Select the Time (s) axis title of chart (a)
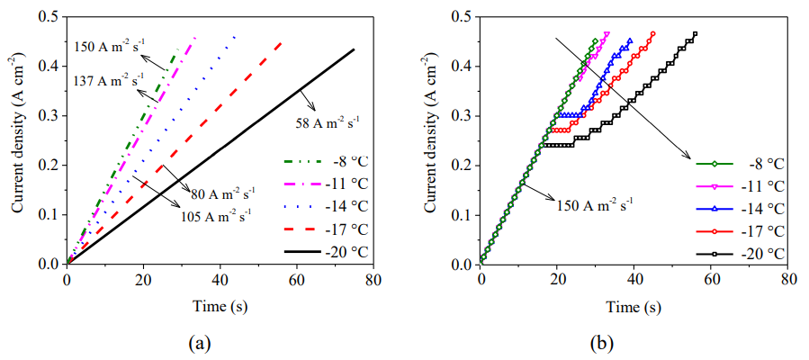[x=220, y=306]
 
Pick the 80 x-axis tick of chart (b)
[x=788, y=280]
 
